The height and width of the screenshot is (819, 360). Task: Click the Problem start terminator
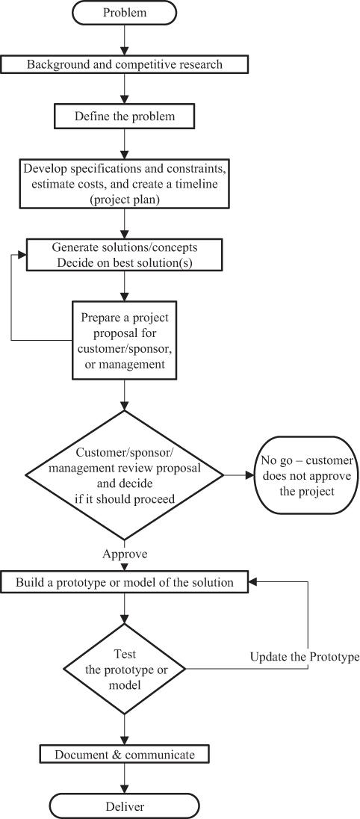[x=125, y=13]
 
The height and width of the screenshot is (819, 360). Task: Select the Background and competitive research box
[x=125, y=64]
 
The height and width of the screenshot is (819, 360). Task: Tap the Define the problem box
[x=125, y=117]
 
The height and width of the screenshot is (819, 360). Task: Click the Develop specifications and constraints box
[x=125, y=183]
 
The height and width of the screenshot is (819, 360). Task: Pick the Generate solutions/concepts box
[x=125, y=255]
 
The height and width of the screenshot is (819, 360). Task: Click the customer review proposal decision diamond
[x=125, y=475]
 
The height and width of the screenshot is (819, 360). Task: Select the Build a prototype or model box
[x=125, y=582]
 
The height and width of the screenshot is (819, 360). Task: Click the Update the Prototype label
[x=304, y=657]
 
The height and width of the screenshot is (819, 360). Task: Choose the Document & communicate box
[x=125, y=755]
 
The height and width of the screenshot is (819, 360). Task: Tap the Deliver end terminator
[x=125, y=806]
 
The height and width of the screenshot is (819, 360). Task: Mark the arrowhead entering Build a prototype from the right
[x=253, y=582]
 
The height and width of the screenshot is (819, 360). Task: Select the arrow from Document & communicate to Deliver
[x=125, y=779]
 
